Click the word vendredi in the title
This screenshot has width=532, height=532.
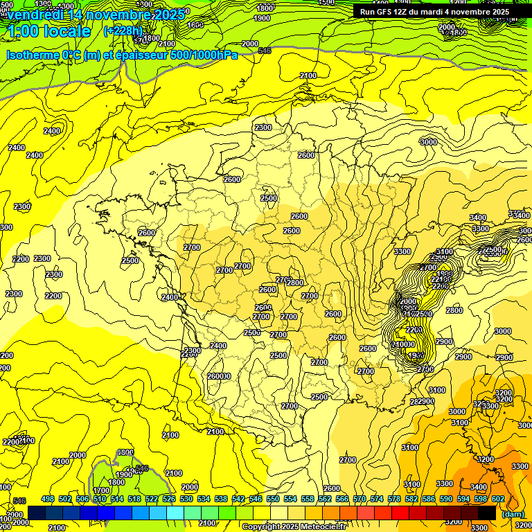click(x=35, y=14)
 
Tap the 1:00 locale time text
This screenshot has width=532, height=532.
click(x=48, y=31)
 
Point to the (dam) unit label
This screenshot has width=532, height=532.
click(x=513, y=514)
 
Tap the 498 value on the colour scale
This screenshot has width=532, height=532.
click(x=48, y=499)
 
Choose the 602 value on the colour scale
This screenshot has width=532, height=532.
click(x=498, y=499)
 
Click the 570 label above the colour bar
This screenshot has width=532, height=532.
click(x=360, y=499)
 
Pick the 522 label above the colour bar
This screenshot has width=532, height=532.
click(x=152, y=499)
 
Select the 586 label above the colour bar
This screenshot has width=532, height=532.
click(x=429, y=499)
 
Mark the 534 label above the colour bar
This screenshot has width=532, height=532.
click(x=204, y=499)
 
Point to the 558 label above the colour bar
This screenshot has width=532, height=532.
click(x=308, y=499)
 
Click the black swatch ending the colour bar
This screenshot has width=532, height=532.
click(x=487, y=513)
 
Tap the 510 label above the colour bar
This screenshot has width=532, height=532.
click(x=100, y=499)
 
